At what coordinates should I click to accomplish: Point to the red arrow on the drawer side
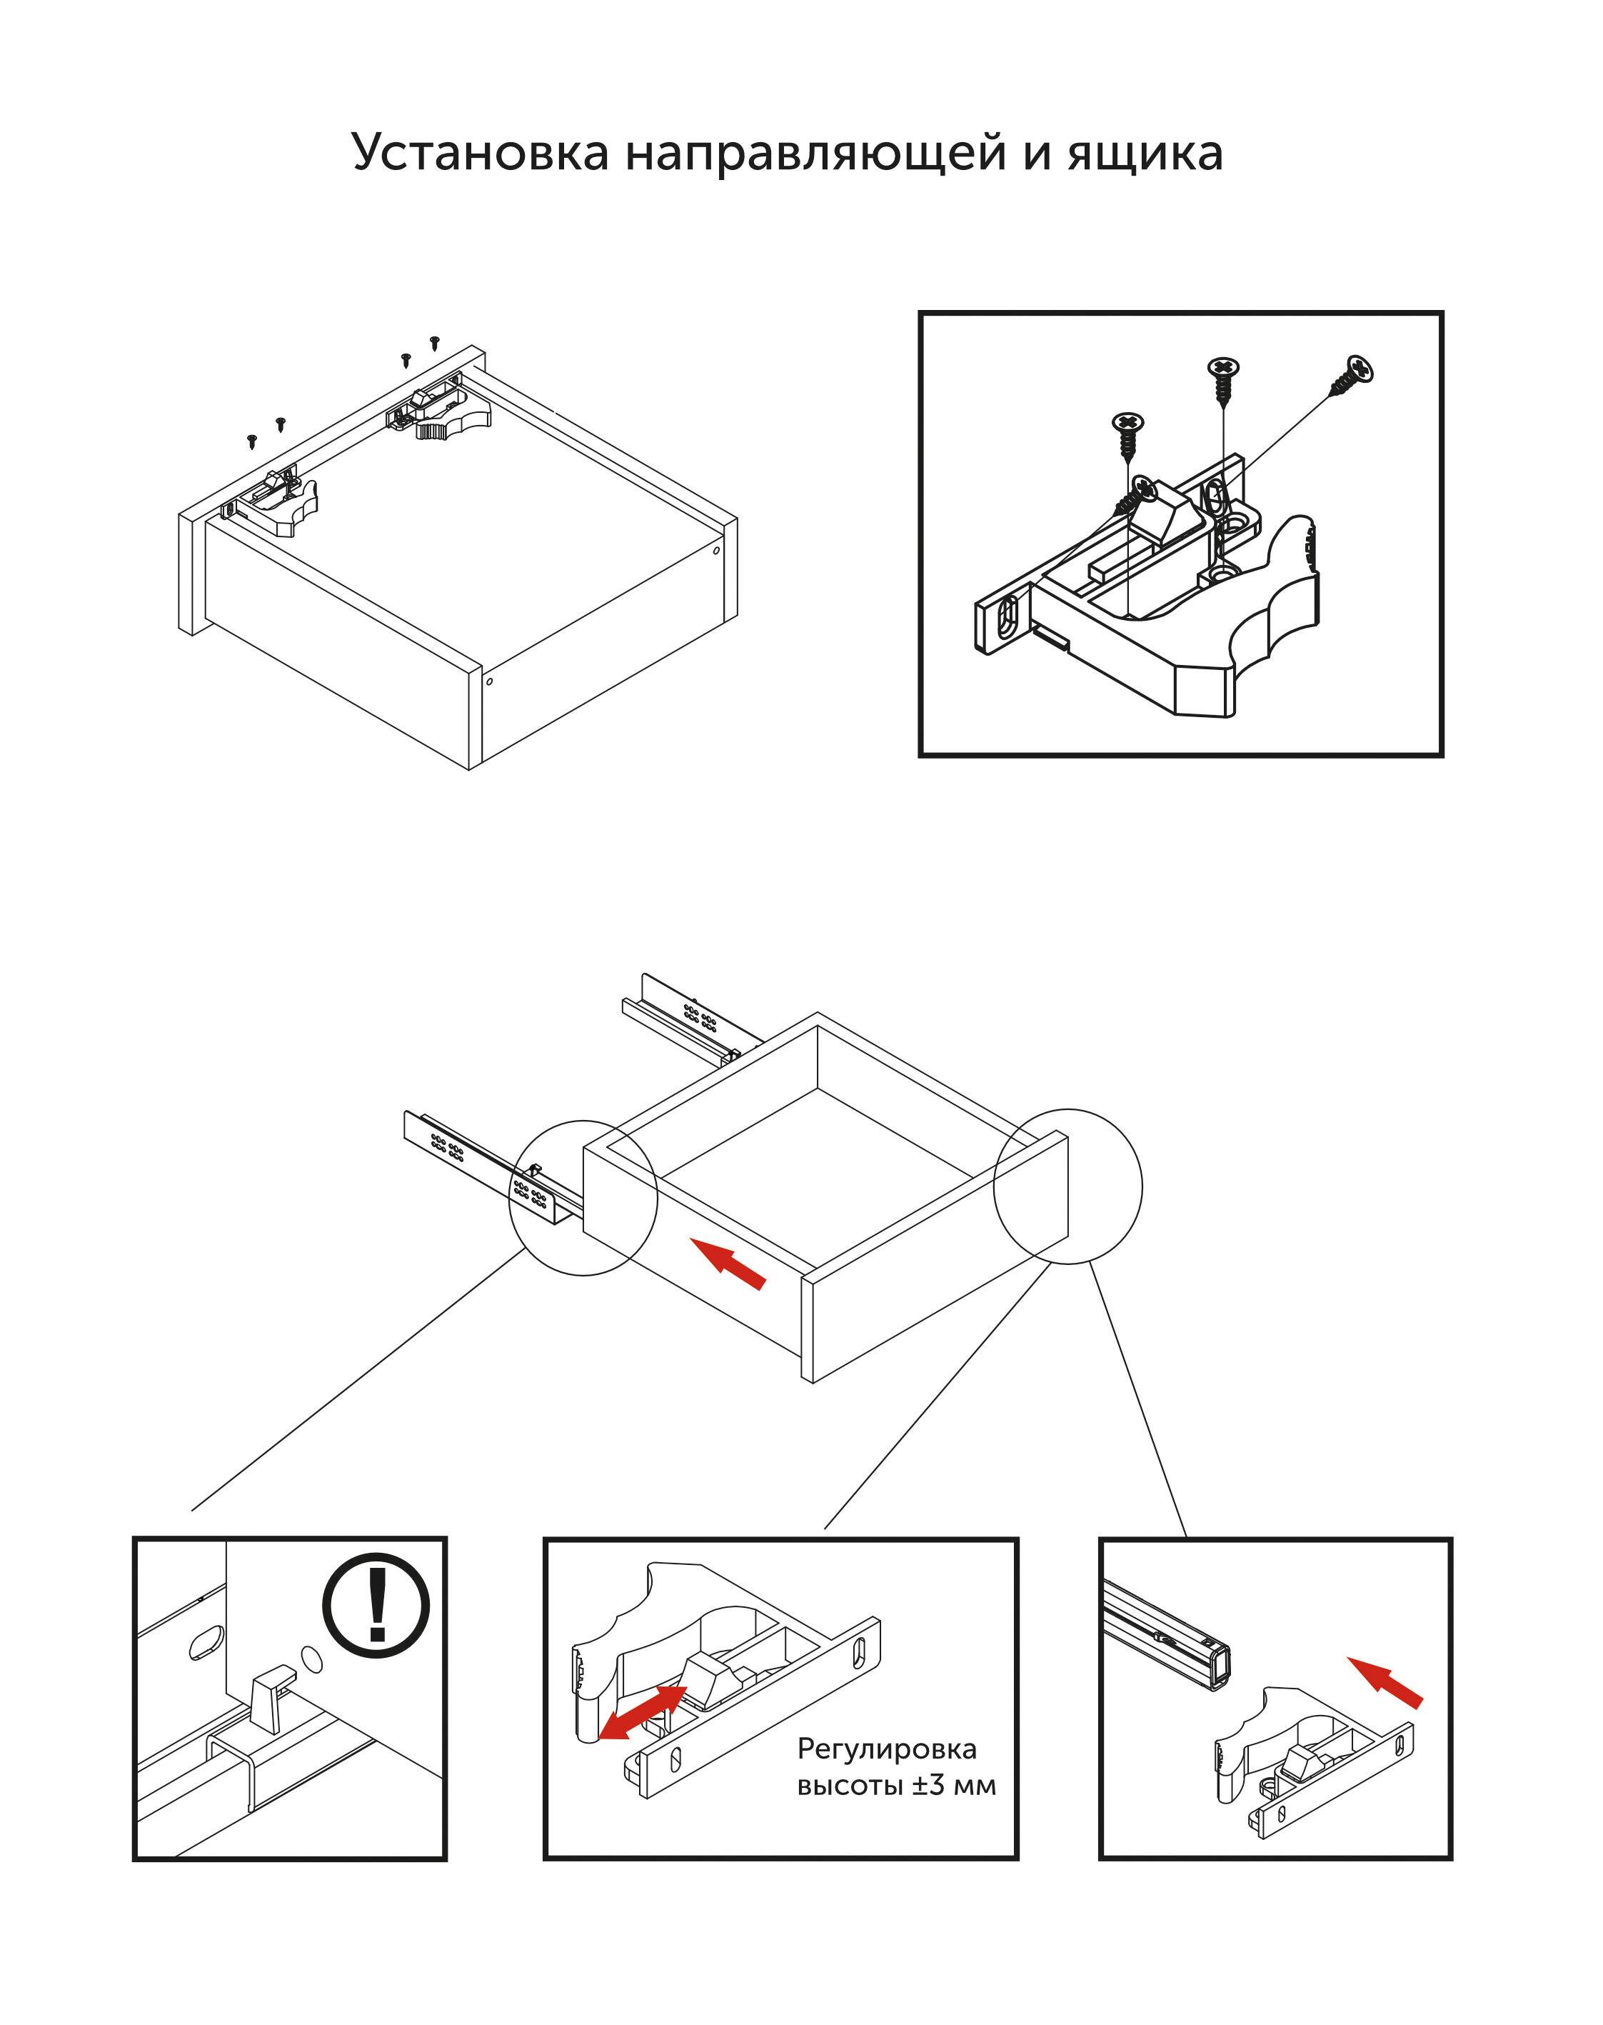pos(728,1264)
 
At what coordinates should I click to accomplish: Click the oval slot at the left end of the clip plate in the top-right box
pos(1006,617)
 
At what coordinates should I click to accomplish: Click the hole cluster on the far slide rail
pos(699,1015)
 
